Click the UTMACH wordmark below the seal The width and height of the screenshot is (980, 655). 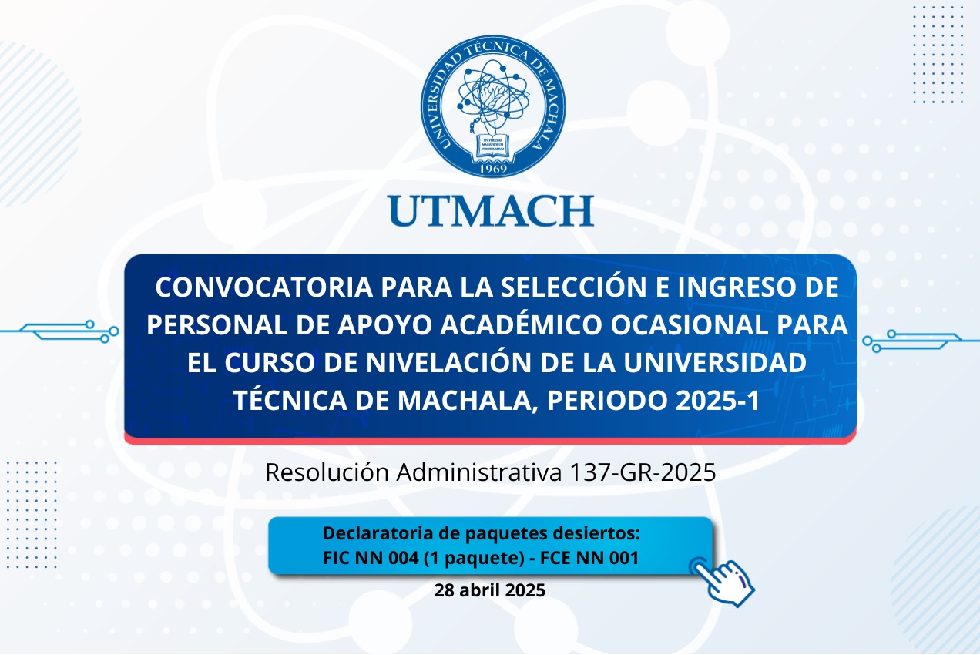(x=491, y=210)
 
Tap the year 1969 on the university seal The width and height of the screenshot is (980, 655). (x=493, y=169)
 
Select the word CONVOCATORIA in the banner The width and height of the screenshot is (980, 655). (x=263, y=287)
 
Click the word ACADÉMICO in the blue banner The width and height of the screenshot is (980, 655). (x=521, y=324)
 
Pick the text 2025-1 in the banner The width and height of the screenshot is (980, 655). (x=717, y=400)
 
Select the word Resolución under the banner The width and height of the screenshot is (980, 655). (x=327, y=472)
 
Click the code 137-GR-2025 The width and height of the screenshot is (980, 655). (x=643, y=472)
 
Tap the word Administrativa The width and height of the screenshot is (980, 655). (x=479, y=472)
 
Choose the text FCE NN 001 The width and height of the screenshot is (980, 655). (x=589, y=558)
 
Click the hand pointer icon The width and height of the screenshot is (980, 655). (x=723, y=582)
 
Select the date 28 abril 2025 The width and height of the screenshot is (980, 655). (x=489, y=590)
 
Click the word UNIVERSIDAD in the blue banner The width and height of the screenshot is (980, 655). (x=715, y=363)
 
